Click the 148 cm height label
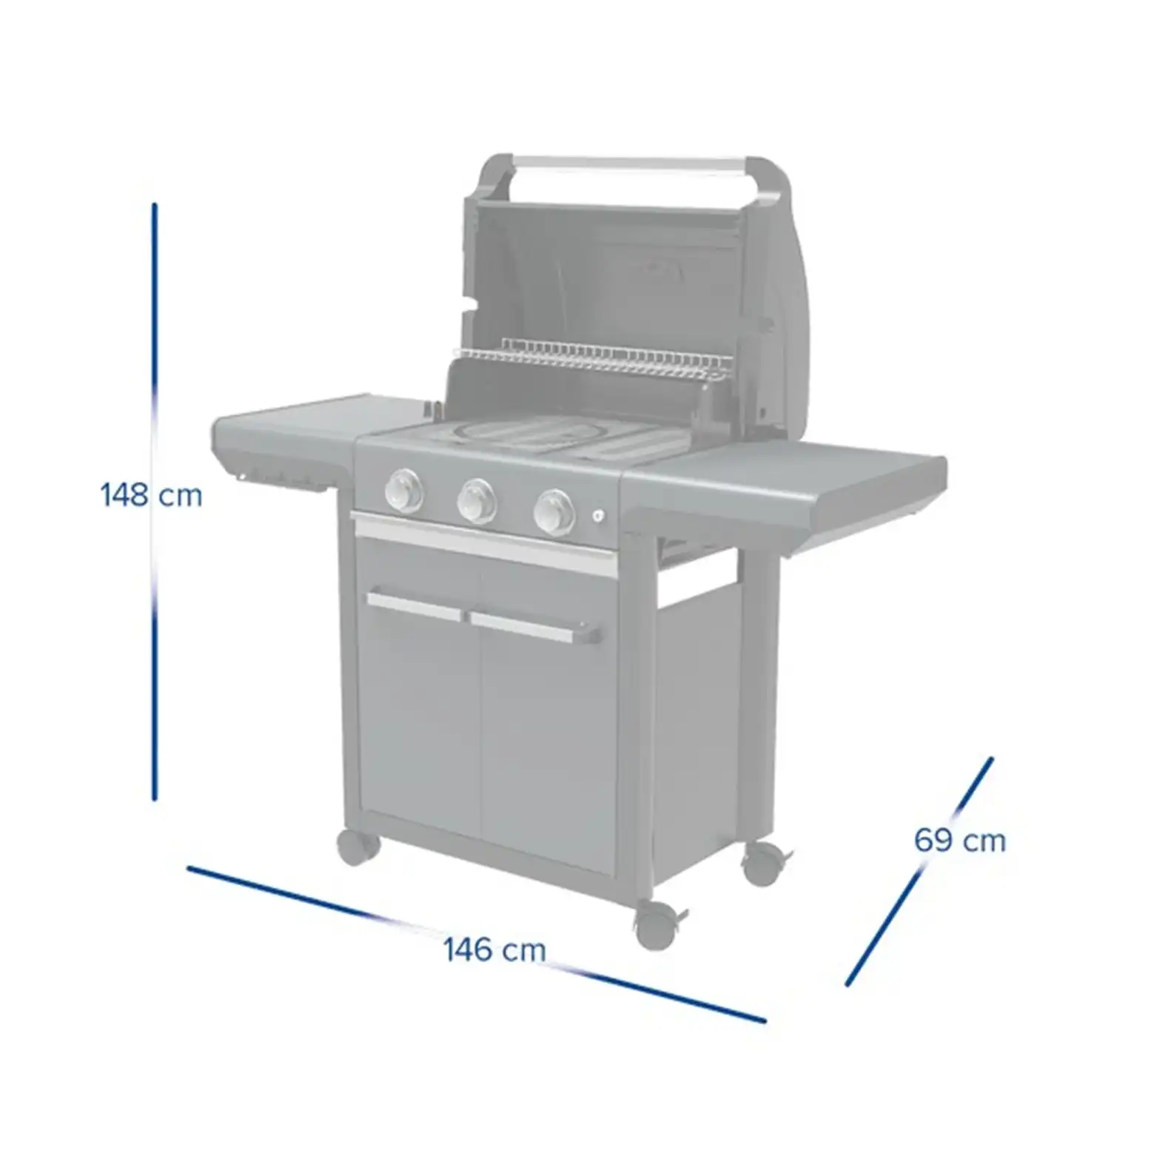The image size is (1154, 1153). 151,494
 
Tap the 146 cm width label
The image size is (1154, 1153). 494,949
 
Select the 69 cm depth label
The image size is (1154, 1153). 959,841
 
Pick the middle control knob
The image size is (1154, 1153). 477,500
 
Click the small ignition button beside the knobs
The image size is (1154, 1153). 599,517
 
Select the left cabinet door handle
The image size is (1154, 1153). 417,605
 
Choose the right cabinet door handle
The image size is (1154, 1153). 534,628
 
